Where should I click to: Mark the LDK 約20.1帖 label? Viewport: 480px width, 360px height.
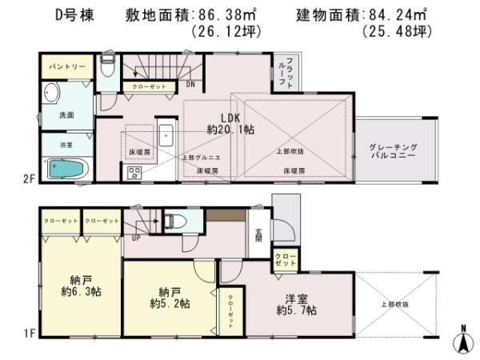point(221,122)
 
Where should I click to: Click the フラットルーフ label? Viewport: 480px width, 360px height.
point(291,74)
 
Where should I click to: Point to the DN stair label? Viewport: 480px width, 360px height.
point(190,83)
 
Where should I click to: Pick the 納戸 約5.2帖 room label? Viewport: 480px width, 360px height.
point(169,297)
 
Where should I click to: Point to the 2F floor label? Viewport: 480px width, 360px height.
point(28,180)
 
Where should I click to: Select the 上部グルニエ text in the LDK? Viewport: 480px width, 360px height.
point(197,158)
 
